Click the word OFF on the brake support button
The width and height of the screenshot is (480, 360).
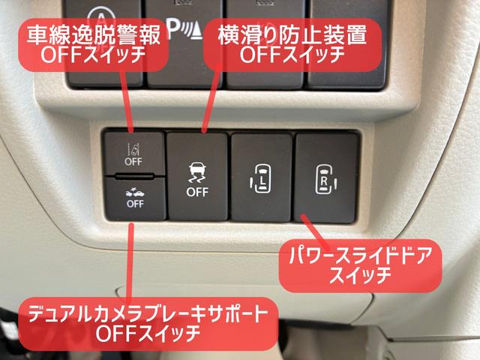click(x=135, y=202)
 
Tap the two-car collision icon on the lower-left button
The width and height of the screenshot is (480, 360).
click(x=135, y=190)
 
